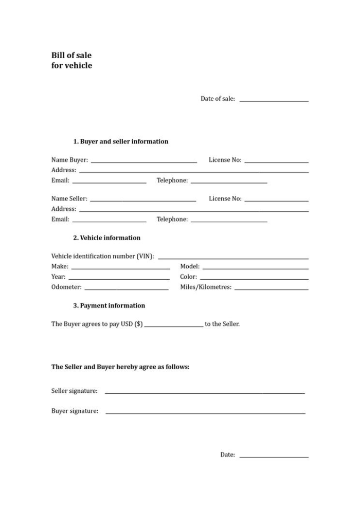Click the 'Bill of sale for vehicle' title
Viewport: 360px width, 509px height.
pos(71,60)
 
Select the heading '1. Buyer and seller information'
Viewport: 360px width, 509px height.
pos(120,141)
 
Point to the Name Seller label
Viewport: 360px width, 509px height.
pos(69,198)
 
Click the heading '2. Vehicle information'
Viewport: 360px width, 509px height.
pos(106,238)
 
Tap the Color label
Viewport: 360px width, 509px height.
pos(188,277)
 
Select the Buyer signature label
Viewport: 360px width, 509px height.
pos(75,411)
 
